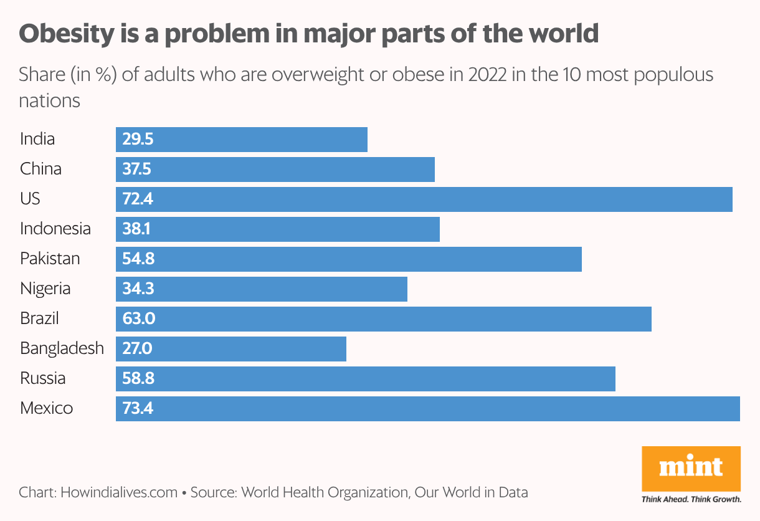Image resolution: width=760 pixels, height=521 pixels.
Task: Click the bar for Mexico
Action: click(427, 409)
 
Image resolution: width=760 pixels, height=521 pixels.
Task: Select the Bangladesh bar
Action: click(230, 349)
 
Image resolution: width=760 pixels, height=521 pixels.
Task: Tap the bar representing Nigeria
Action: click(262, 289)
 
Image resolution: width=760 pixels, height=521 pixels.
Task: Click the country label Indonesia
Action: click(55, 229)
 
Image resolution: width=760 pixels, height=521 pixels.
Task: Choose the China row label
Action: click(40, 169)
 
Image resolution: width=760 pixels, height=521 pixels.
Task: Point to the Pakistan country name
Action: click(50, 259)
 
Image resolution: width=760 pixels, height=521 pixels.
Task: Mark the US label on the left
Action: click(30, 199)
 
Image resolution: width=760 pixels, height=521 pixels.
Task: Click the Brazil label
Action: click(39, 318)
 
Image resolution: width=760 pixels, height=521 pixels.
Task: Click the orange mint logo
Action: click(691, 467)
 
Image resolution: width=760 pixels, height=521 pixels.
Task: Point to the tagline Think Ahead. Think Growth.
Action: click(691, 499)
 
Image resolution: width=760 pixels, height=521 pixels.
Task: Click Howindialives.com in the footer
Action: click(119, 492)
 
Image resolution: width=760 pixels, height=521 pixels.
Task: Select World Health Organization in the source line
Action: click(324, 492)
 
